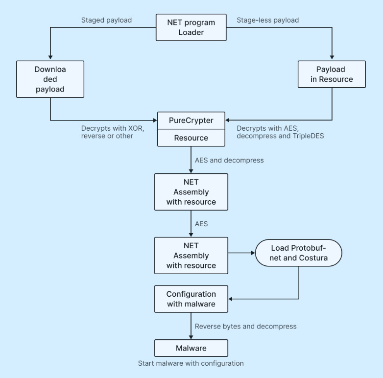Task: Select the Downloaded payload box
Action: pyautogui.click(x=50, y=78)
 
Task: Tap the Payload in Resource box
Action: pyautogui.click(x=332, y=74)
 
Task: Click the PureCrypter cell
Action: pyautogui.click(x=191, y=120)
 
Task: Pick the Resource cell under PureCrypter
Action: pyautogui.click(x=191, y=138)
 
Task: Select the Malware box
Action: pyautogui.click(x=191, y=348)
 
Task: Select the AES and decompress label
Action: pyautogui.click(x=229, y=160)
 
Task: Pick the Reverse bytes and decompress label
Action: pyautogui.click(x=245, y=326)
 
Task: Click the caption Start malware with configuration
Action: pyautogui.click(x=191, y=363)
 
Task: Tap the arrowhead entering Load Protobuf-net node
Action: pyautogui.click(x=252, y=253)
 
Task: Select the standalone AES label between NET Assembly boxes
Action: pyautogui.click(x=201, y=223)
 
